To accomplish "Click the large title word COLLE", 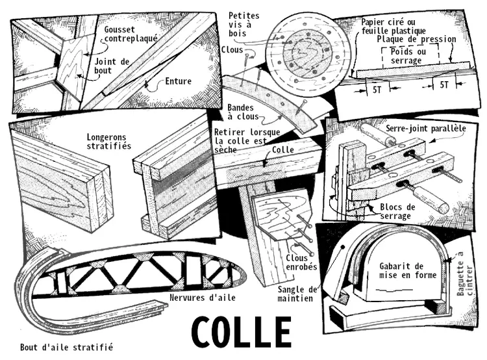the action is coord(242,332).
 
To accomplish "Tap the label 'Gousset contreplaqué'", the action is coord(131,34).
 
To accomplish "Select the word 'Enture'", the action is coord(179,81).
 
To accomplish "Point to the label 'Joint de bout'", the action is coord(112,66).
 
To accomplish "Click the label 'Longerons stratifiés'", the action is coord(108,142).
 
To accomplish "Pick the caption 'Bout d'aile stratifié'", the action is coord(66,347).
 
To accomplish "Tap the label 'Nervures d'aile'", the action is coord(203,298).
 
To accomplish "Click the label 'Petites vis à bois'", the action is coord(243,25).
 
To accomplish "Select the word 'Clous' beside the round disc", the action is coord(232,50).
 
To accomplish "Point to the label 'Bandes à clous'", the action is coord(243,112).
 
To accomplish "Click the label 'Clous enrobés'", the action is coord(301,262).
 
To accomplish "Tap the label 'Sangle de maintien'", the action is coord(297,294).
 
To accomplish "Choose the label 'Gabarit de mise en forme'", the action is coord(408,270).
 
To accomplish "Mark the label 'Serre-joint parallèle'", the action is coord(426,129).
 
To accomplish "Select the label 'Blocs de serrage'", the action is coord(397,211).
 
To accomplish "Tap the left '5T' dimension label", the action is coord(377,90).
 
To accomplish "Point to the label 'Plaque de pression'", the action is coord(416,39).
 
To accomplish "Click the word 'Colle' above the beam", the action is coord(283,149).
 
